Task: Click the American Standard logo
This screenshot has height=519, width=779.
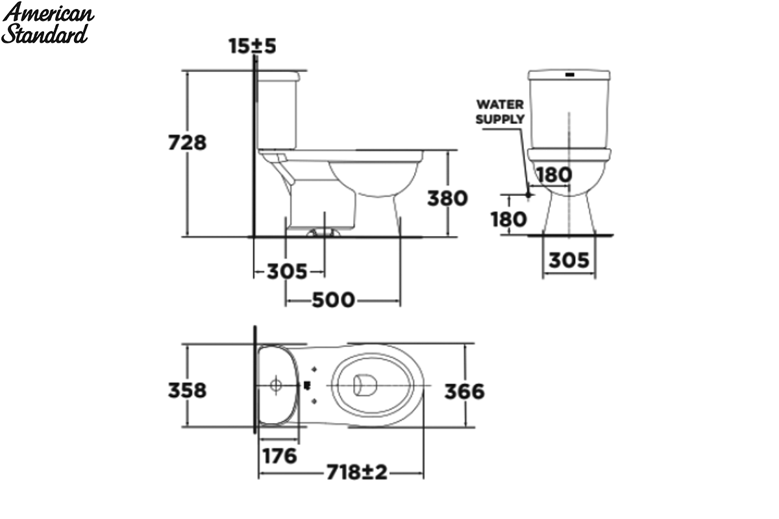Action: pos(47,23)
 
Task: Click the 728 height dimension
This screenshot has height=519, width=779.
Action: pos(187,143)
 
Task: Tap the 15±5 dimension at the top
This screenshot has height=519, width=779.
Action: pos(252,46)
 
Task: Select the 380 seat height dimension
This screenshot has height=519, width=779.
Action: pos(447,198)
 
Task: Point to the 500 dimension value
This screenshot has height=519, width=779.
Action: pos(333,300)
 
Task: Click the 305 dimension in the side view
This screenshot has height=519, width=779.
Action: pos(287,271)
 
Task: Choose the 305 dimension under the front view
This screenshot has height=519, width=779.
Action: pos(569,260)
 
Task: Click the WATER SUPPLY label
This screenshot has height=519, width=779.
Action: pos(500,112)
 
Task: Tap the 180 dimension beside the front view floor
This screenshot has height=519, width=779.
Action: pos(508,219)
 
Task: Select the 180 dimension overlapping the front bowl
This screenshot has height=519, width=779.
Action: pos(554,175)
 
